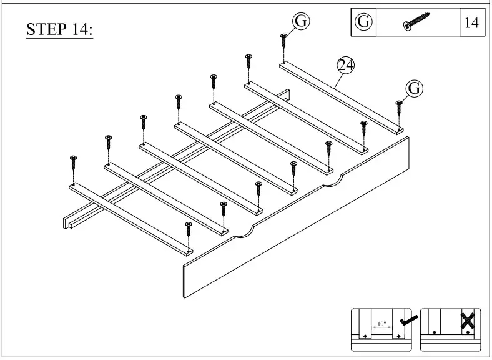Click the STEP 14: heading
point(59,30)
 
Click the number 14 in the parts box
point(471,22)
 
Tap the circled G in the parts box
point(363,22)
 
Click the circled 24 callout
point(345,64)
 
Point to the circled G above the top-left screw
point(301,21)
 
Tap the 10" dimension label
point(380,325)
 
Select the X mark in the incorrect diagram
point(466,321)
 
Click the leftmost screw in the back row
point(74,163)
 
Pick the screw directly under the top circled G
point(283,42)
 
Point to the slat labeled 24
point(340,97)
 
